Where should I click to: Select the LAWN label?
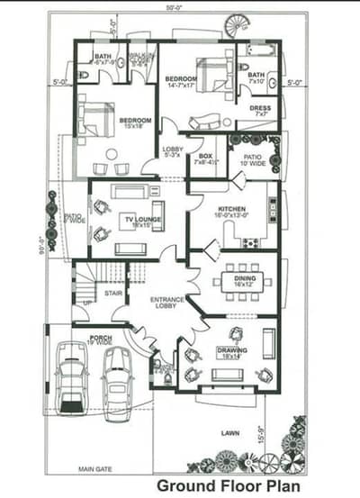(230, 434)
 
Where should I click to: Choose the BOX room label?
(205, 159)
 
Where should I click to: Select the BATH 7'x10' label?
(256, 77)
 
